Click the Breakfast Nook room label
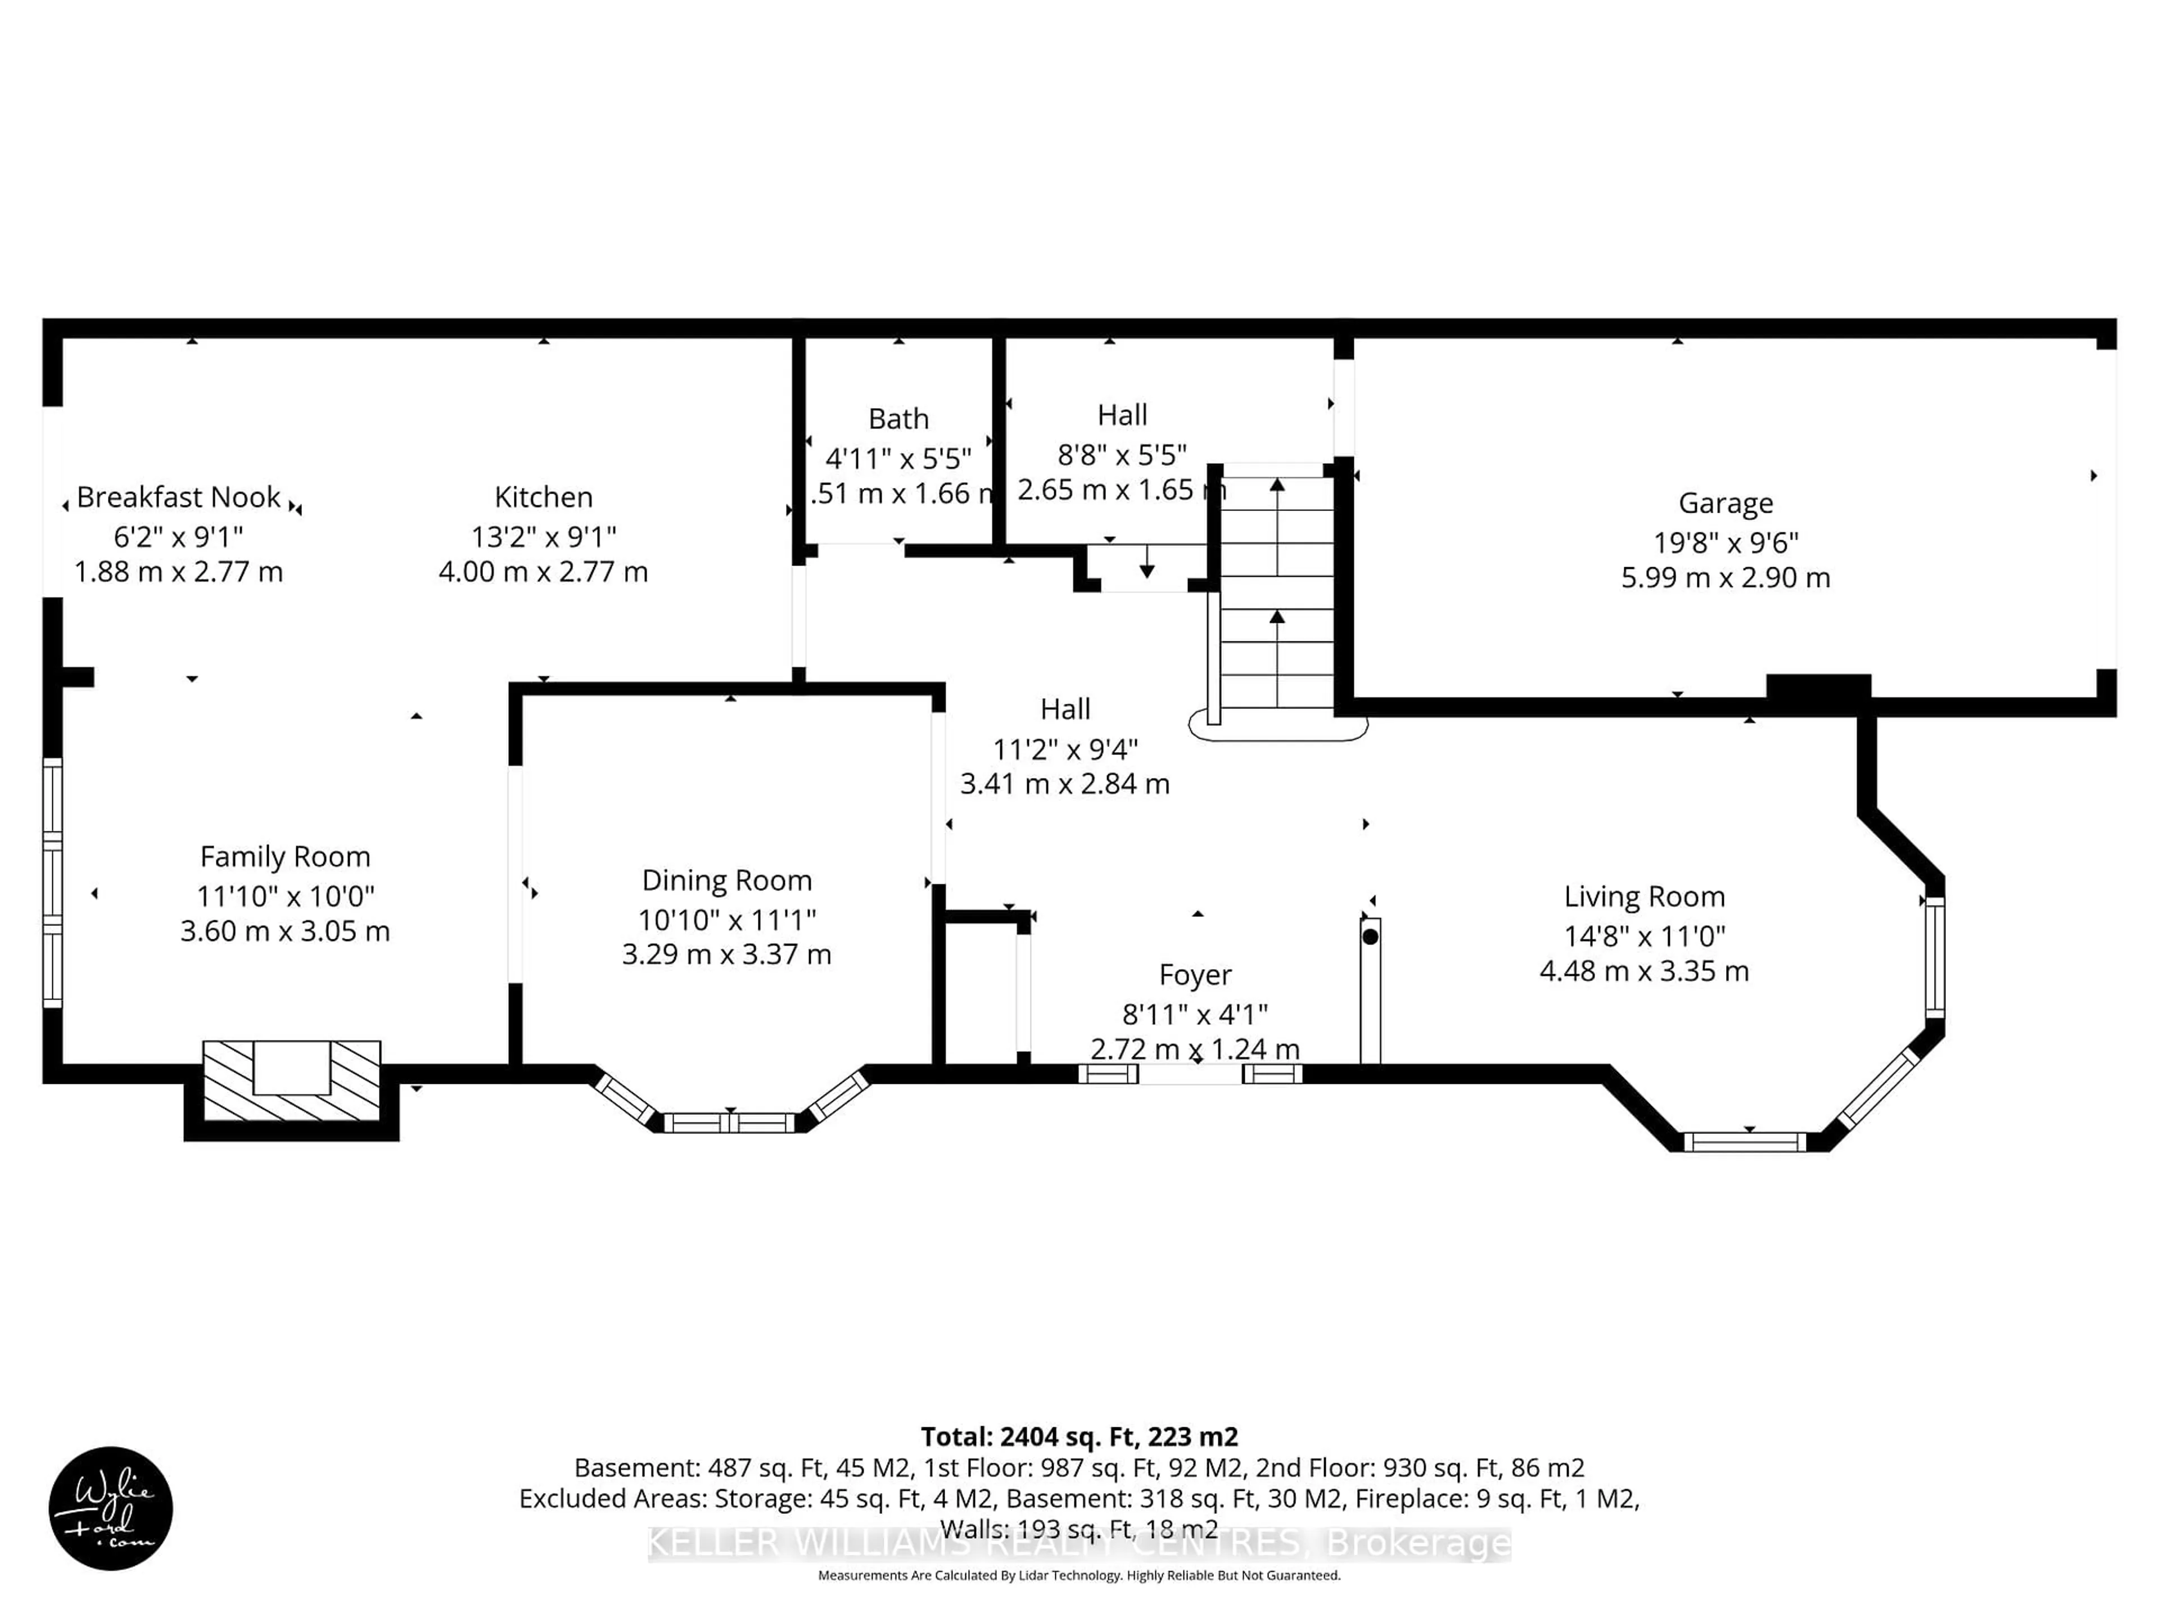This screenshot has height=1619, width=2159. [x=179, y=498]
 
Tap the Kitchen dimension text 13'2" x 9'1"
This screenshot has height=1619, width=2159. [x=544, y=537]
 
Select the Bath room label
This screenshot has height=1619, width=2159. [x=898, y=419]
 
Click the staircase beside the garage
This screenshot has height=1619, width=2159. [x=1277, y=595]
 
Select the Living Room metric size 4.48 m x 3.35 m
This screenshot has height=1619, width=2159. [x=1643, y=971]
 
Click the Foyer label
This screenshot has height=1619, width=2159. [x=1195, y=974]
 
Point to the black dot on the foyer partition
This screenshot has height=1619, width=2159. [x=1370, y=937]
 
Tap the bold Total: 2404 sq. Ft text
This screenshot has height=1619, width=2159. [x=1078, y=1436]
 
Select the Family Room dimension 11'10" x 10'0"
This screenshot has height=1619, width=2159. [x=285, y=896]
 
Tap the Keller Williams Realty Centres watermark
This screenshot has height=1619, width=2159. [x=1078, y=1543]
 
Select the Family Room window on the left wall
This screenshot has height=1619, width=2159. [x=52, y=882]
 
